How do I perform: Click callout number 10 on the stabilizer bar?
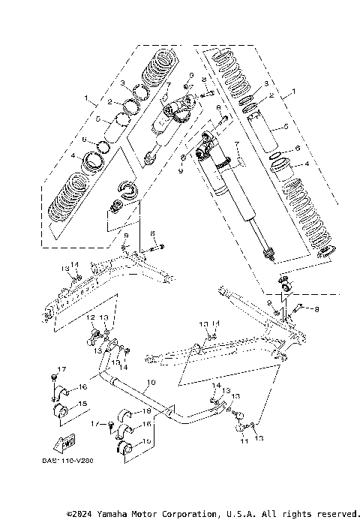click(x=151, y=383)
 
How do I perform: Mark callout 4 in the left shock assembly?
click(x=72, y=156)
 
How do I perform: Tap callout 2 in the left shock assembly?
click(x=109, y=101)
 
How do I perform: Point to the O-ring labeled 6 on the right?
click(x=275, y=158)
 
